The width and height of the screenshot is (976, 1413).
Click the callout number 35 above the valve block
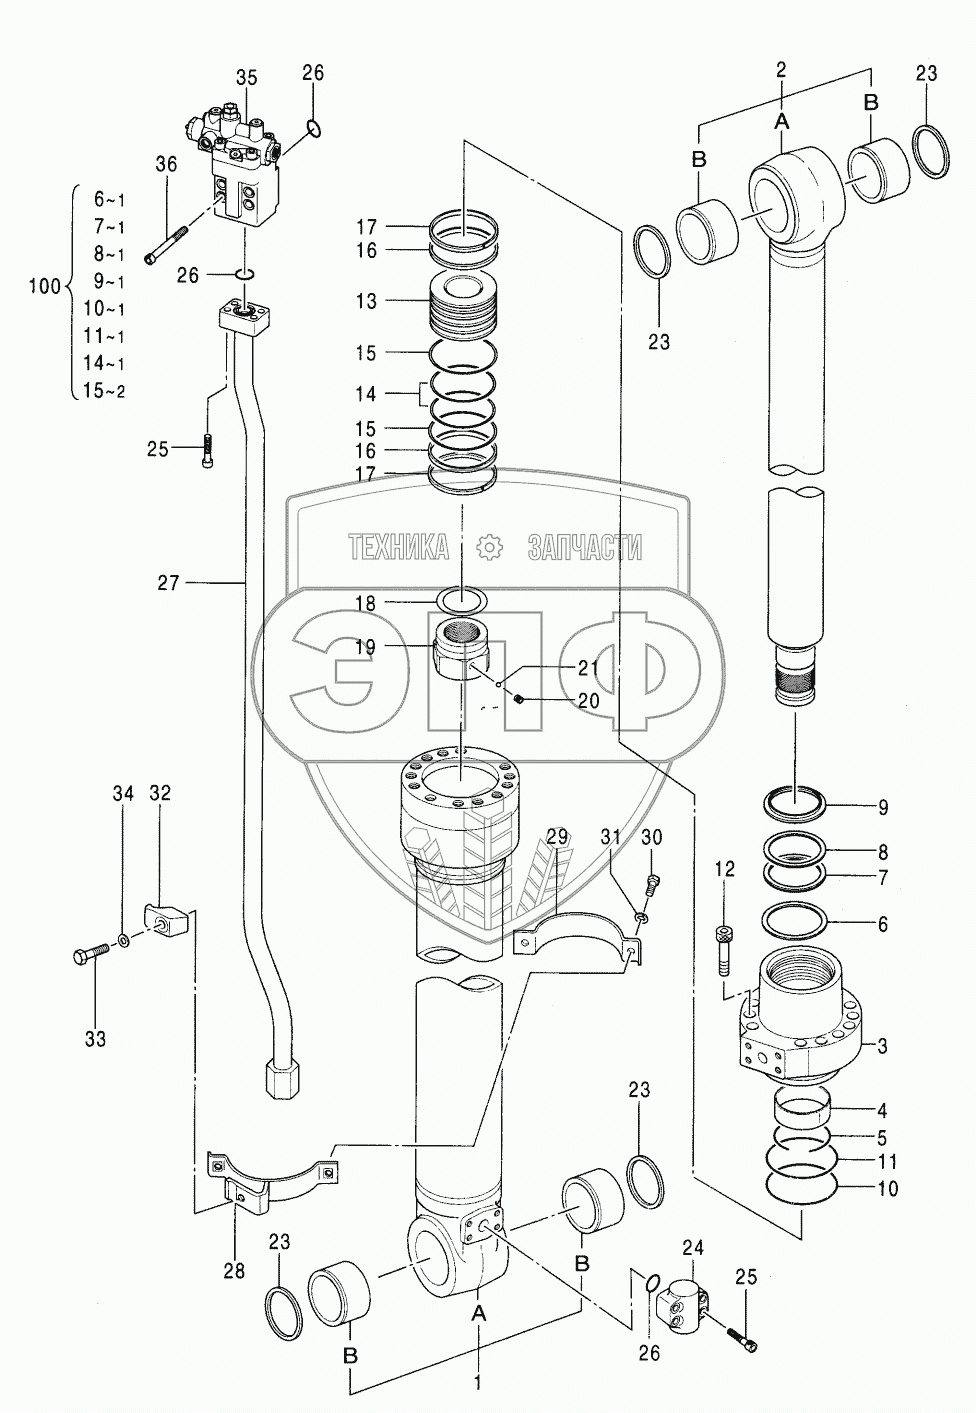[x=247, y=78]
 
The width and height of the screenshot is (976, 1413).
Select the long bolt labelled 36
[x=169, y=243]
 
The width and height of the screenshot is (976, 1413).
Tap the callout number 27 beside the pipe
[x=168, y=583]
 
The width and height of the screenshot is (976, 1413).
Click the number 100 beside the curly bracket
[x=45, y=287]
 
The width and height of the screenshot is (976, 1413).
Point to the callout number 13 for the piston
[x=366, y=301]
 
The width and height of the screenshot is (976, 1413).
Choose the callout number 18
[x=366, y=604]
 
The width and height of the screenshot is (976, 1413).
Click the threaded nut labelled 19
[x=461, y=657]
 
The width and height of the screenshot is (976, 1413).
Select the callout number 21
[x=588, y=667]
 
